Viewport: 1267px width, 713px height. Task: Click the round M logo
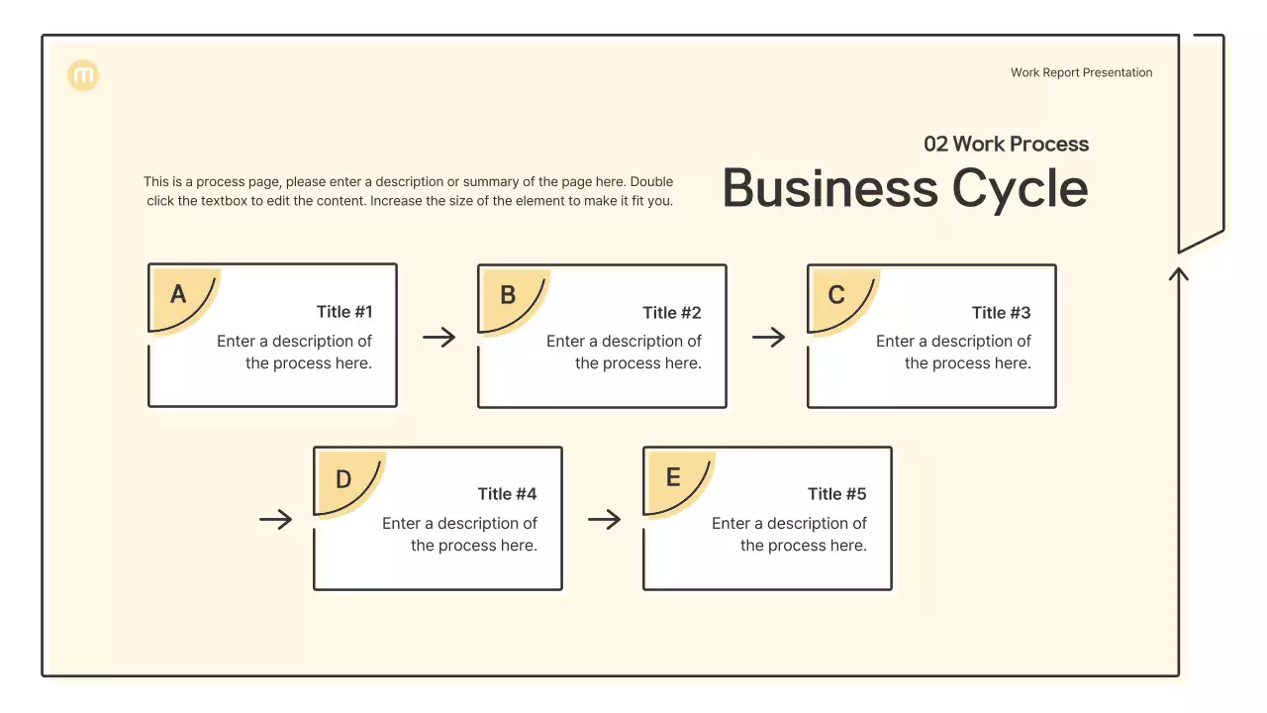pyautogui.click(x=83, y=75)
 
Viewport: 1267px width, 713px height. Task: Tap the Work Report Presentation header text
pyautogui.click(x=1081, y=72)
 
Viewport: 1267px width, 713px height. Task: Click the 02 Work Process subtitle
pyautogui.click(x=1006, y=144)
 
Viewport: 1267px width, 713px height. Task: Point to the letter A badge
pyautogui.click(x=179, y=294)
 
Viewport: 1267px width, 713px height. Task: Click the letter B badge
pyautogui.click(x=508, y=295)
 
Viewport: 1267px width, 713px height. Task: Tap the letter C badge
pyautogui.click(x=836, y=295)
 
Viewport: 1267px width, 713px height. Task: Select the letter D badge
pyautogui.click(x=343, y=480)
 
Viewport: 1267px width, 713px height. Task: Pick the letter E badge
pyautogui.click(x=673, y=478)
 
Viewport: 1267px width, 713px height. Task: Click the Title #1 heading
pyautogui.click(x=344, y=312)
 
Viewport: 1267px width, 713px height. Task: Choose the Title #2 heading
pyautogui.click(x=672, y=313)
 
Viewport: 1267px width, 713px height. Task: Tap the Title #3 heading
pyautogui.click(x=1001, y=313)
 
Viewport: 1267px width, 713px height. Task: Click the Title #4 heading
pyautogui.click(x=508, y=494)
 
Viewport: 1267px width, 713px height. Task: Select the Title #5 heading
pyautogui.click(x=837, y=494)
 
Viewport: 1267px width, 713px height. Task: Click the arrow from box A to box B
pyautogui.click(x=439, y=338)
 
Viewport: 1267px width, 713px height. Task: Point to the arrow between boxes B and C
pyautogui.click(x=768, y=338)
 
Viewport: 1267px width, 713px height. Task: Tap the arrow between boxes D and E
pyautogui.click(x=604, y=519)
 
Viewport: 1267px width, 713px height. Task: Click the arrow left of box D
pyautogui.click(x=275, y=519)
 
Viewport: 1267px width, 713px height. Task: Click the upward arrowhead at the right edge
pyautogui.click(x=1178, y=272)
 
